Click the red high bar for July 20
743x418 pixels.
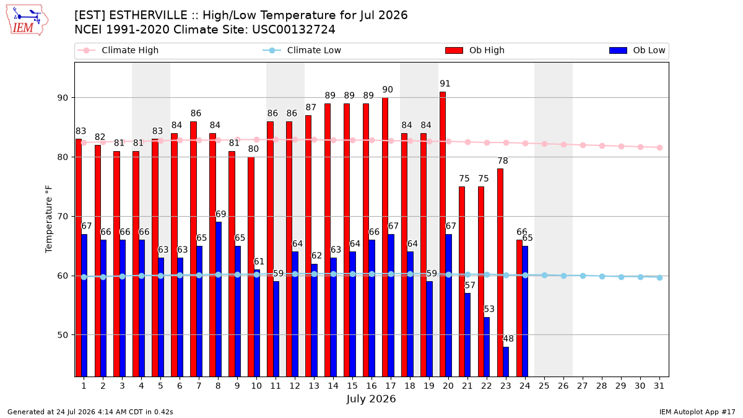pos(443,234)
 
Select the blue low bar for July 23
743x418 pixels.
pos(506,362)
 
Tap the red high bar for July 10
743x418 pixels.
pos(251,267)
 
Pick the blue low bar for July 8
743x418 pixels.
pos(218,299)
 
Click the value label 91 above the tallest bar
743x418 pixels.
pos(445,84)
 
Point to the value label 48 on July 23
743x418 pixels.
pos(508,339)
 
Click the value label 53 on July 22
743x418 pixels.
pos(489,309)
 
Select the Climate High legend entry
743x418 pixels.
pos(118,50)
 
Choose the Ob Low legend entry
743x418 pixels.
pos(637,50)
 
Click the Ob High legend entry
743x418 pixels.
pos(475,50)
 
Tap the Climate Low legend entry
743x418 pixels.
pos(302,50)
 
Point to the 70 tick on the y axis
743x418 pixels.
pos(63,217)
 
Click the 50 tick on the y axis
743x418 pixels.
pos(63,335)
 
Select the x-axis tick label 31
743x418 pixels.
pos(659,386)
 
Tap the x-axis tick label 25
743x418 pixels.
pos(544,386)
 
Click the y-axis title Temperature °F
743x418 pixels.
pos(49,219)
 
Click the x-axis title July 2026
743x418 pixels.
pos(371,399)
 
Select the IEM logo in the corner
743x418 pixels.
pos(27,20)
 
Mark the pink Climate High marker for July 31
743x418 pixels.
pos(659,147)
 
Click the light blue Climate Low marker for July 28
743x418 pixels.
pos(602,276)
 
